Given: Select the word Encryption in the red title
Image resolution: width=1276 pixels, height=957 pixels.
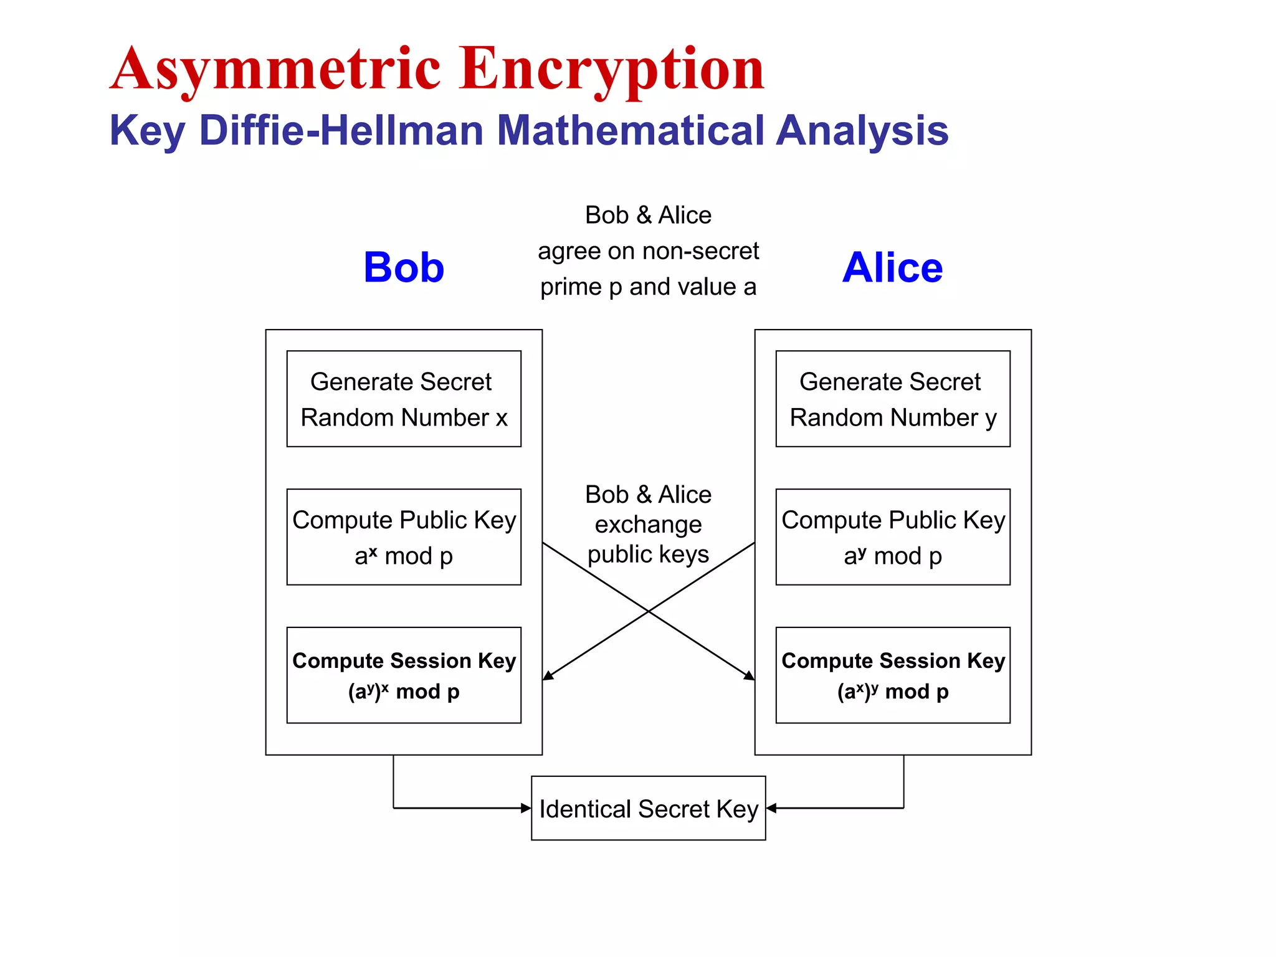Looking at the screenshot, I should tap(612, 70).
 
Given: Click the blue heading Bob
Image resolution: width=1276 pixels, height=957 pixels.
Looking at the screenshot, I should tap(404, 267).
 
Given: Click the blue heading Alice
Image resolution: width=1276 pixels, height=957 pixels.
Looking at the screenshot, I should tap(892, 267).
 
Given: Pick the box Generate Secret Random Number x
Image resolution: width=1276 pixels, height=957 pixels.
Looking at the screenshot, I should tap(404, 399).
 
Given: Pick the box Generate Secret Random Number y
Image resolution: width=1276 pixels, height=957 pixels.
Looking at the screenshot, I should tap(892, 399).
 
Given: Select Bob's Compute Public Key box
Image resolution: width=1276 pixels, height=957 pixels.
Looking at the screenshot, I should tap(404, 536).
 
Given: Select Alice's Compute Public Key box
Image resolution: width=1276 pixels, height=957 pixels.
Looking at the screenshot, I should tap(892, 536).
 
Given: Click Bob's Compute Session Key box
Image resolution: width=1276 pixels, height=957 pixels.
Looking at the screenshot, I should tap(404, 675).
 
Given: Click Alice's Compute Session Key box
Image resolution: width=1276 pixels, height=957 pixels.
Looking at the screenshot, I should tap(892, 675).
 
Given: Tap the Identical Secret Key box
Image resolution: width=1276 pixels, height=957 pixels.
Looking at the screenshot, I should tap(648, 808).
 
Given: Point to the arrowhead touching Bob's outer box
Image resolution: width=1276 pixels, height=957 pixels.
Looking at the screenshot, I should tap(548, 676).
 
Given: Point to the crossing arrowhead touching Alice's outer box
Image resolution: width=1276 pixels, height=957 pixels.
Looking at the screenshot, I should tap(750, 676).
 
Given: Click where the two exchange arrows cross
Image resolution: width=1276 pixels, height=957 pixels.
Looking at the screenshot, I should tap(649, 611).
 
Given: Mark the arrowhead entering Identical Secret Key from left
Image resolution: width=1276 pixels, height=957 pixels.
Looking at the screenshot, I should tap(526, 808).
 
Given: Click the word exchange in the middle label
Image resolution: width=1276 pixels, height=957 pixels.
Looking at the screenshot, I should tap(648, 525).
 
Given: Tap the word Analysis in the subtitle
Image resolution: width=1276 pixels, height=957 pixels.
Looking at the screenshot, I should tap(862, 130).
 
